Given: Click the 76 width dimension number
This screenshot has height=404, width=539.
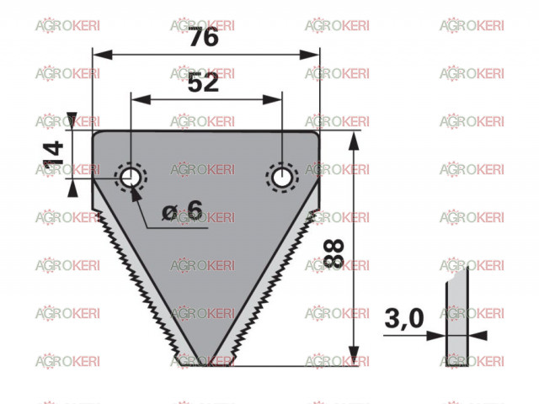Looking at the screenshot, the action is pos(204,36).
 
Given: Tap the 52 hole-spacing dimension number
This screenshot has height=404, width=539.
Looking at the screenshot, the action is pos(203,82).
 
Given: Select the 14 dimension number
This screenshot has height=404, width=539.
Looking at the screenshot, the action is pos(54,153).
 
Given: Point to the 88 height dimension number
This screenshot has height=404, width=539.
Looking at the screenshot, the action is pos(334,253).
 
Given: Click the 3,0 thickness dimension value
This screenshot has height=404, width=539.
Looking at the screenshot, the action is pos(404,318).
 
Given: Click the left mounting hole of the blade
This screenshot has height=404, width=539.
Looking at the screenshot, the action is pos(130,178).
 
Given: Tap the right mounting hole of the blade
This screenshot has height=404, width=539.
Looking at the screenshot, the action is pos(281,178).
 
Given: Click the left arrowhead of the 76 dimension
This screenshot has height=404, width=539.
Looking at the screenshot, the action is pos(103,55).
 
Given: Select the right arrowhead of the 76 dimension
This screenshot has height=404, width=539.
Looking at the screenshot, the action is pos(310,55).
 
